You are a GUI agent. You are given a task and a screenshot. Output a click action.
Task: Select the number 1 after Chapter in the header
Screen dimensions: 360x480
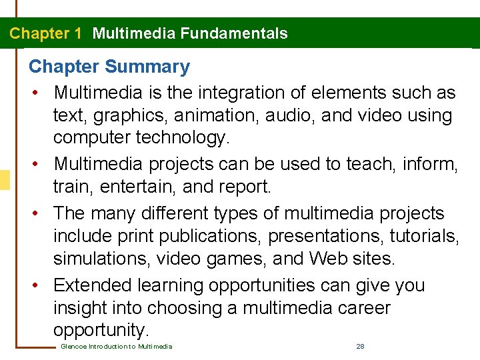(x=78, y=33)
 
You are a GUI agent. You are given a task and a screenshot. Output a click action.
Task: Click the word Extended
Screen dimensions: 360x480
(x=93, y=285)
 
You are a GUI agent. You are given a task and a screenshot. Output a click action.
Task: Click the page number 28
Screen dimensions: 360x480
(x=360, y=347)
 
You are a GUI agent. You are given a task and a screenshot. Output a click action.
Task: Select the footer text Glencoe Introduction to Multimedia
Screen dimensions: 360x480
(x=117, y=347)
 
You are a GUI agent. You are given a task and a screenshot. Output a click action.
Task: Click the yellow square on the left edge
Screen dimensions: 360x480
(x=4, y=180)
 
